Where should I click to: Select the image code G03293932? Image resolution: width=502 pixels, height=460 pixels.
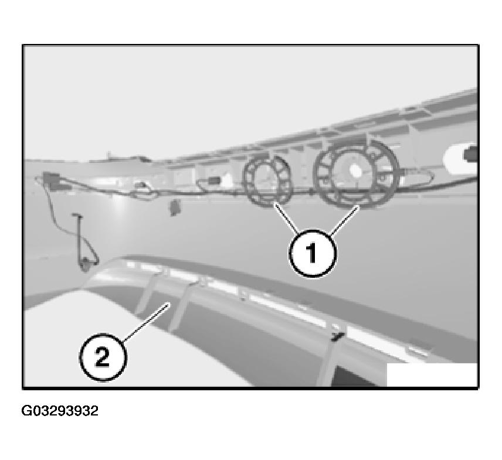coord(60,411)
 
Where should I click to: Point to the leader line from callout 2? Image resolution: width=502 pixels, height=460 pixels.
coord(147,321)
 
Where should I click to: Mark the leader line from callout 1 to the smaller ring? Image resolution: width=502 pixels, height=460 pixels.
coord(287,219)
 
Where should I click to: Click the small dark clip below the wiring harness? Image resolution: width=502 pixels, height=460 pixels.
coord(174,206)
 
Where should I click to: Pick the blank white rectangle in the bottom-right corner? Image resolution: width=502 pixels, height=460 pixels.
coord(432,374)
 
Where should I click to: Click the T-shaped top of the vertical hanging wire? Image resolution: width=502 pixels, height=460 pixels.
coord(76,216)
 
